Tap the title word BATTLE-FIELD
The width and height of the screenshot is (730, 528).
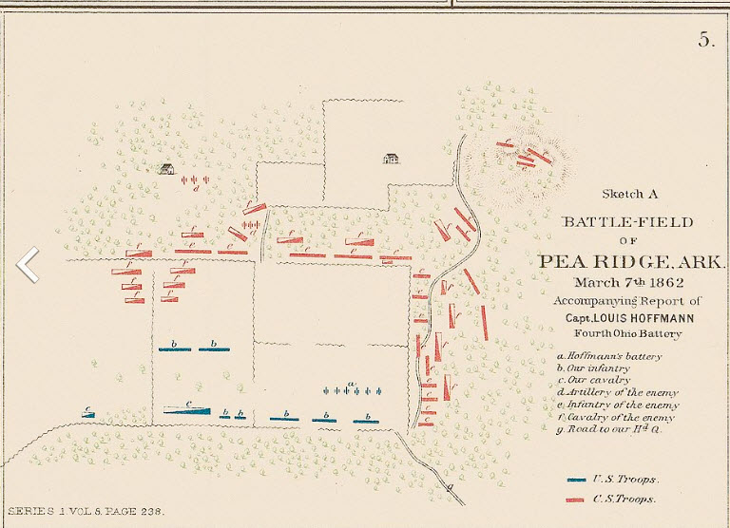627,222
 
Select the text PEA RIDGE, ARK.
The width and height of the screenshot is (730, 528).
627,262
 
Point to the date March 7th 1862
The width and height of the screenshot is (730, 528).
628,282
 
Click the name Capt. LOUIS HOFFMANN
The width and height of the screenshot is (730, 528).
627,317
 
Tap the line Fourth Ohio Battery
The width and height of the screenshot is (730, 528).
627,333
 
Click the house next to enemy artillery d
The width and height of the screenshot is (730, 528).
166,169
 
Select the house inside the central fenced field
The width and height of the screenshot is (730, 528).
390,159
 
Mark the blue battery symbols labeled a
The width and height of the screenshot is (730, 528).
353,389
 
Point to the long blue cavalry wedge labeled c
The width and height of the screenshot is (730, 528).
189,409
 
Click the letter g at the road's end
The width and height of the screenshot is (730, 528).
450,486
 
